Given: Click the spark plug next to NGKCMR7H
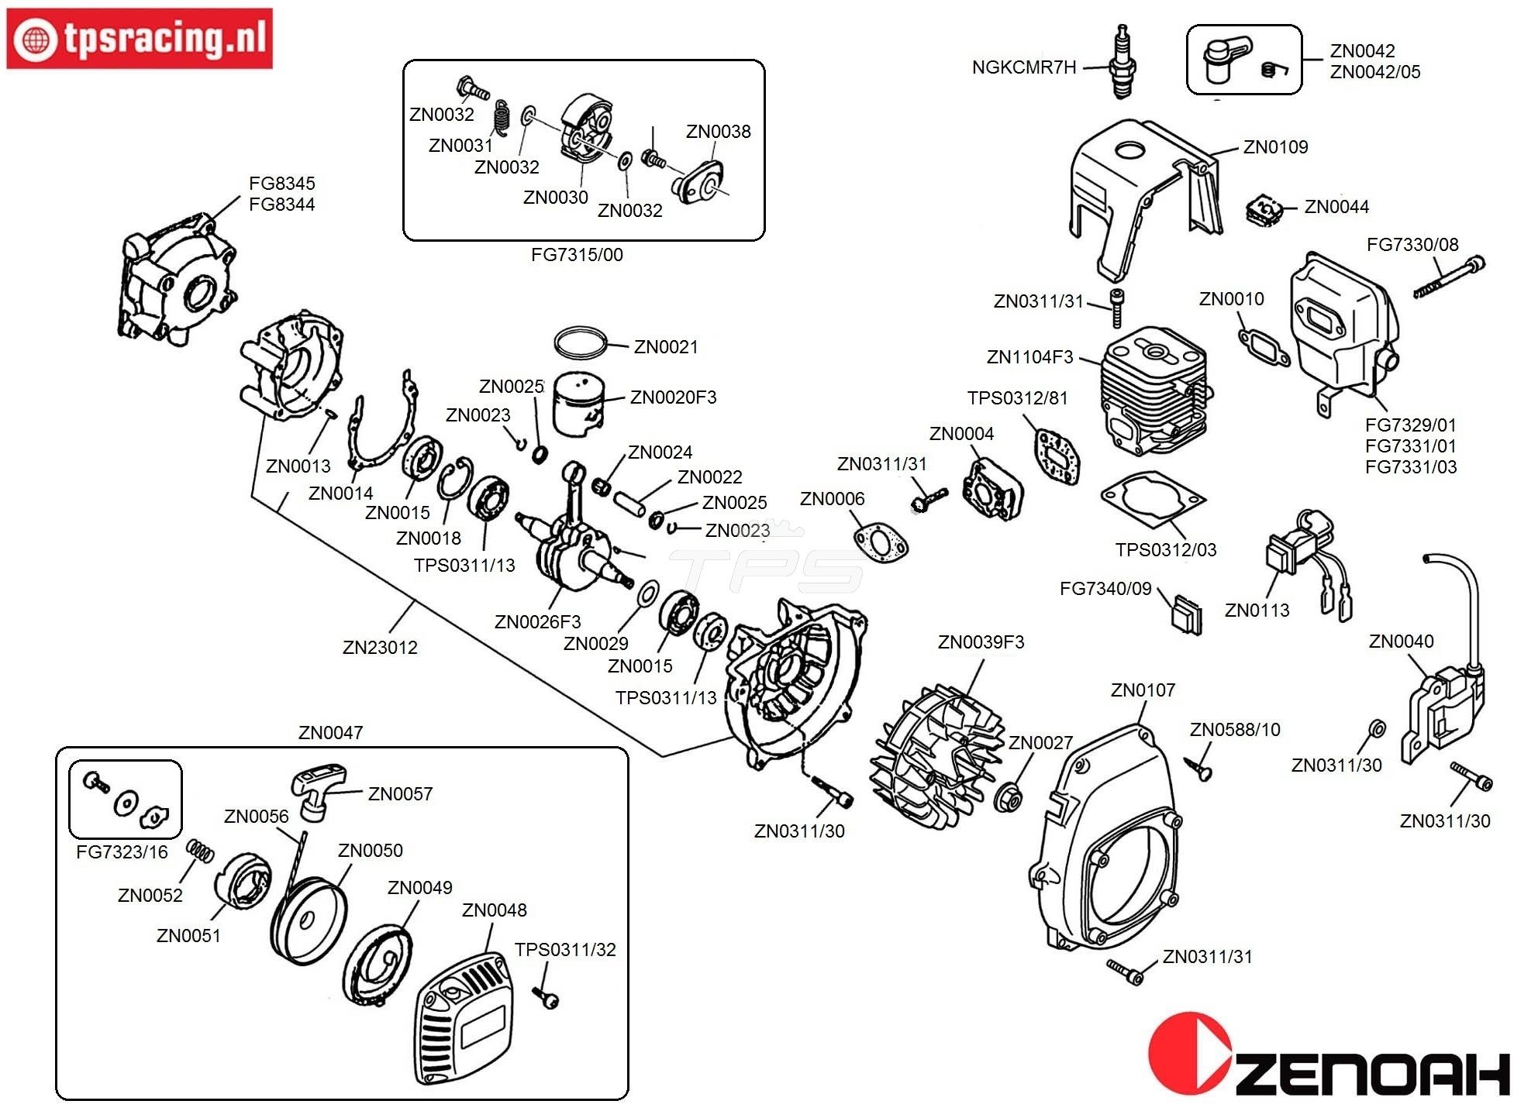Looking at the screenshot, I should click(1121, 62).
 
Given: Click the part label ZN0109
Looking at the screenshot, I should click(1275, 147).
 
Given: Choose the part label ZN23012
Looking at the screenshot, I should click(380, 648).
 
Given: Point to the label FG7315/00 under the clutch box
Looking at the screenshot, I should click(577, 255).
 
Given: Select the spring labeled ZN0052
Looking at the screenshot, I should click(200, 851).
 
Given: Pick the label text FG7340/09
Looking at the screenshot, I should click(1105, 589).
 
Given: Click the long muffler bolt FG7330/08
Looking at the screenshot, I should click(1448, 278).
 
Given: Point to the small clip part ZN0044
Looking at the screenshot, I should click(1264, 210).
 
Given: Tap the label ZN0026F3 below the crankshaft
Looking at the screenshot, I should click(537, 622).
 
